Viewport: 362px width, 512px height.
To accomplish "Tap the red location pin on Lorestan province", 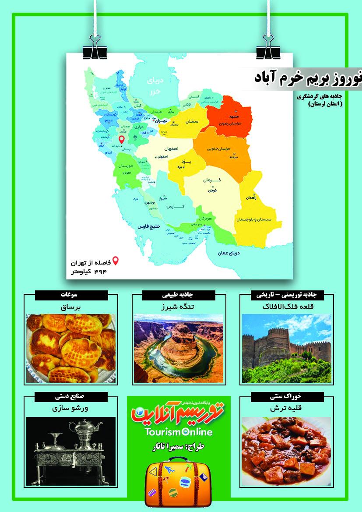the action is click(122, 139).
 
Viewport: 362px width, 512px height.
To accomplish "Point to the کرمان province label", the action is click(211, 181).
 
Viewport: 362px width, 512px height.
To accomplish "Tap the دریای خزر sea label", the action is click(154, 85).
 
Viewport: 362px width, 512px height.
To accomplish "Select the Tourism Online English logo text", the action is click(178, 432).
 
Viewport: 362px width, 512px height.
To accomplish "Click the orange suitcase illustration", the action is click(177, 484).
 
